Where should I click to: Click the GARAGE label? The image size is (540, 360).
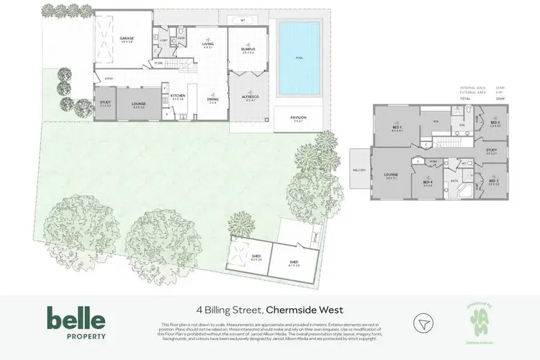pos(127,38)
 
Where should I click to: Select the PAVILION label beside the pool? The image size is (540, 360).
pos(298,117)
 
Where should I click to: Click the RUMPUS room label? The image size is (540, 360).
pos(249,50)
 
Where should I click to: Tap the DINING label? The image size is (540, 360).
pos(213,101)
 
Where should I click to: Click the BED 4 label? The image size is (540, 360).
pos(428,182)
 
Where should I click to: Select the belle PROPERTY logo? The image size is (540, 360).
pos(76,323)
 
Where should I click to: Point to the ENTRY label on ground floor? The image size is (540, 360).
pos(109,78)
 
